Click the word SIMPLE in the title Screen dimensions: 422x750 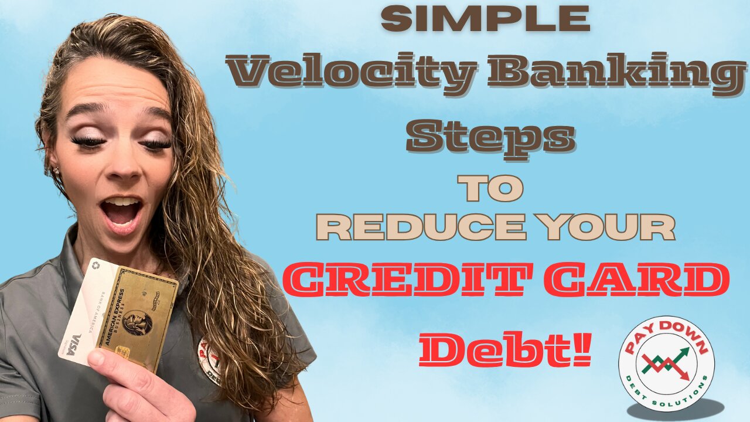[485, 19]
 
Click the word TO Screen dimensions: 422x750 [490, 189]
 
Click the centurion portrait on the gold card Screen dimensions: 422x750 [137, 322]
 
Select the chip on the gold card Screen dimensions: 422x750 [122, 354]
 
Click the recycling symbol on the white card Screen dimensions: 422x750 [96, 267]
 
